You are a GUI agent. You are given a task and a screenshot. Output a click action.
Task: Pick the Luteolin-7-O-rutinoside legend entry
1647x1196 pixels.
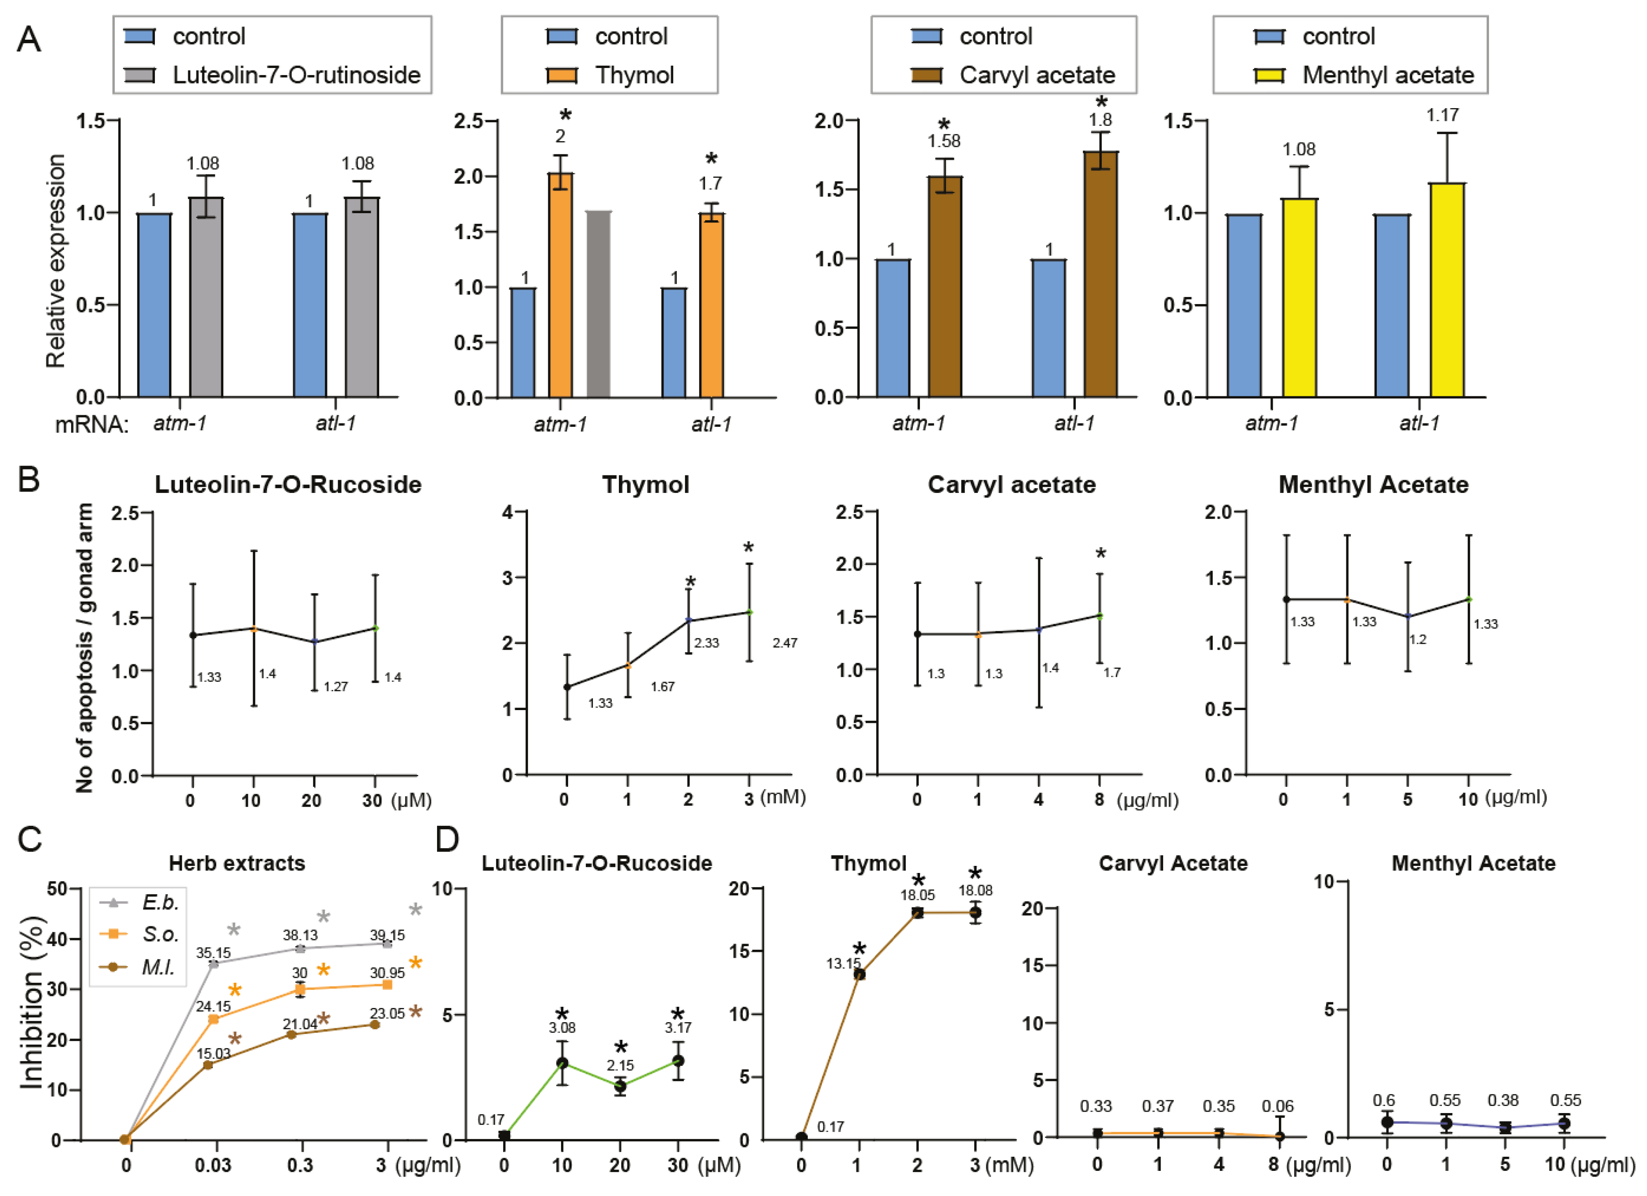[272, 75]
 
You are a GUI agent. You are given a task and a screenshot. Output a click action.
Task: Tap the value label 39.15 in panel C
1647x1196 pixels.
[387, 935]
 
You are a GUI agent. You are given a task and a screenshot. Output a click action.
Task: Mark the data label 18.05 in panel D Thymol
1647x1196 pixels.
[917, 895]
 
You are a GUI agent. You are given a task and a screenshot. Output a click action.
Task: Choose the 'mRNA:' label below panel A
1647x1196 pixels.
[91, 424]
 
